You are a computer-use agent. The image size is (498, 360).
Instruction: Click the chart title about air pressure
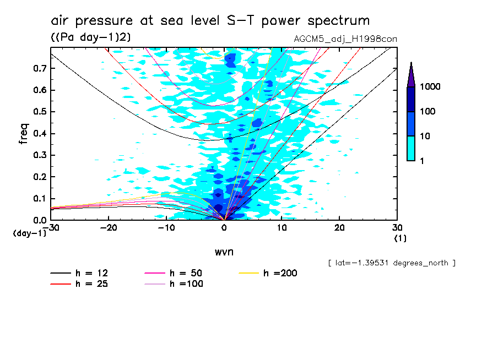click(x=210, y=21)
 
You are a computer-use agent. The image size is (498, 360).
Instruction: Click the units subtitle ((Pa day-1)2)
click(x=91, y=37)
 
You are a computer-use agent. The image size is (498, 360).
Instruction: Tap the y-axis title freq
click(x=23, y=134)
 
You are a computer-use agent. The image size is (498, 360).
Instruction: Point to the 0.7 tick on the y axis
click(x=40, y=68)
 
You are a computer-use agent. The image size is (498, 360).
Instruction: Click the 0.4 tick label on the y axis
click(x=40, y=134)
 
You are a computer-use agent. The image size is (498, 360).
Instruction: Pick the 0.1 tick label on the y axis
click(x=40, y=199)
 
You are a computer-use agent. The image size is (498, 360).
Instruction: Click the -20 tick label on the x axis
click(x=109, y=228)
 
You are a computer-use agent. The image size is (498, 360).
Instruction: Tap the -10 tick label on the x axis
click(x=166, y=228)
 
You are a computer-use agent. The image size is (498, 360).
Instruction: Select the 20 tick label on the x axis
click(x=339, y=228)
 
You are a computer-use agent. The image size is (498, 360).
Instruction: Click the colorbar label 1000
click(x=430, y=87)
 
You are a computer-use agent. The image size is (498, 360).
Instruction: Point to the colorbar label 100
click(x=428, y=112)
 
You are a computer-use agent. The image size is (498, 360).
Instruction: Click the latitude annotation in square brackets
click(x=391, y=263)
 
